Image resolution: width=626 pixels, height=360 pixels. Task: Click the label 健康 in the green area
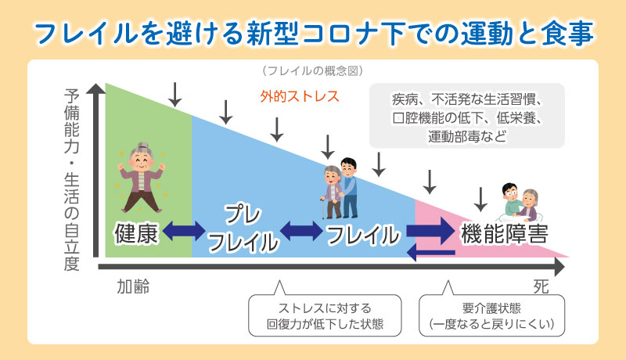coord(135,233)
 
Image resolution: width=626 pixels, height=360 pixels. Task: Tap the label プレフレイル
coord(243,229)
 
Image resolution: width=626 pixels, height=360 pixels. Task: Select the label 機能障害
coord(504,234)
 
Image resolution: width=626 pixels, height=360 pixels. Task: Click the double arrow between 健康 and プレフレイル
coord(184,231)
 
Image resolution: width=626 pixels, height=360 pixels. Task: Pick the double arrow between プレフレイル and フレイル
coord(301,231)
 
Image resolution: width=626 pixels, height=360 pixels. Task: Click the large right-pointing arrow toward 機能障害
coord(431,231)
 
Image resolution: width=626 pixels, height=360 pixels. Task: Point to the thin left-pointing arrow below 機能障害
coord(431,253)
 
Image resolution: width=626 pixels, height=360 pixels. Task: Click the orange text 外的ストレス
coord(300,96)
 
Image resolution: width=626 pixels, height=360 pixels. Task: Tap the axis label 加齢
coord(133,286)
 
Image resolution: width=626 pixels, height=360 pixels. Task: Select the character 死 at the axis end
coord(541,286)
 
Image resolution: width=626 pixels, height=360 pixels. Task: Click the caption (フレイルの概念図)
coord(312,71)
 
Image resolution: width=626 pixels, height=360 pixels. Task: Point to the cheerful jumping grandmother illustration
coord(141,178)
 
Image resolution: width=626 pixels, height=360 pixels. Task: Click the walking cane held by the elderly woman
coord(322,207)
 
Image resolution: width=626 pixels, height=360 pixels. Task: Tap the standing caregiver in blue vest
coord(349,188)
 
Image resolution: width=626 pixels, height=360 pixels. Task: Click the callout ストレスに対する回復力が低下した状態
coord(325,315)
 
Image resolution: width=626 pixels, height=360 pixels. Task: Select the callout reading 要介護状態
coord(491,315)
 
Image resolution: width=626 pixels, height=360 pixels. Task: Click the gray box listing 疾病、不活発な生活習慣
coord(466,116)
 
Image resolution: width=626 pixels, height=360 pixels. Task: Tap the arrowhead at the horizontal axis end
coord(559,267)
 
